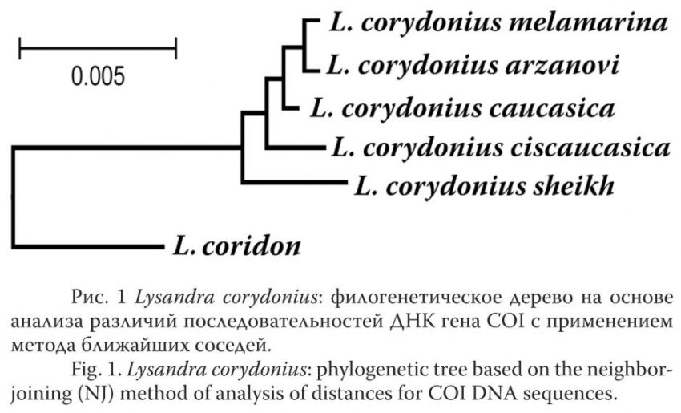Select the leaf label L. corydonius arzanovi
tap(473, 66)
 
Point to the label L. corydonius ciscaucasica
tap(501, 148)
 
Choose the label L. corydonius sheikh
tap(484, 187)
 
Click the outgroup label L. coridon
tap(236, 246)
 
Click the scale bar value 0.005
tap(99, 76)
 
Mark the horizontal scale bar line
tap(98, 48)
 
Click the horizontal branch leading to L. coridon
tap(87, 246)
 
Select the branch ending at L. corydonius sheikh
tap(295, 182)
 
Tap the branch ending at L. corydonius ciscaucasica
tap(296, 148)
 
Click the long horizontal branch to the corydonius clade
tap(127, 148)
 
